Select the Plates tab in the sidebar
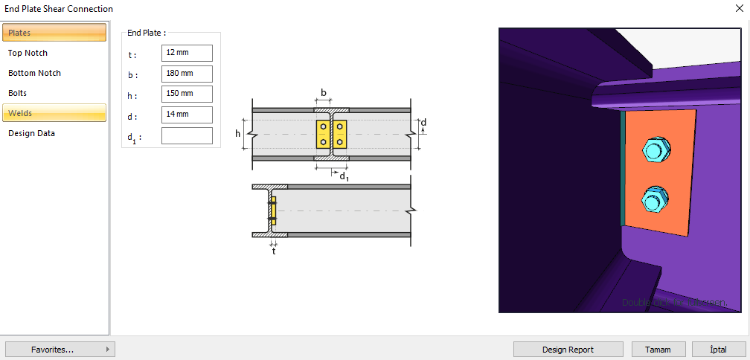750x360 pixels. click(54, 33)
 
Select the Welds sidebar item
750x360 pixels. click(54, 113)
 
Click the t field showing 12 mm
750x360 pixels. click(187, 54)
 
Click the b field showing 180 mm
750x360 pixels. click(187, 74)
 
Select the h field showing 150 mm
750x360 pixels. click(187, 94)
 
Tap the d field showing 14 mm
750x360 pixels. click(187, 115)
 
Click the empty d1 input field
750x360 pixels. click(187, 135)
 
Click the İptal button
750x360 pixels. click(719, 350)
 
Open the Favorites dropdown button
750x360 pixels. click(60, 350)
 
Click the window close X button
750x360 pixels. click(738, 9)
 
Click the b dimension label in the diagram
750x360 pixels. click(323, 93)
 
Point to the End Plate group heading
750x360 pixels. click(146, 33)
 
